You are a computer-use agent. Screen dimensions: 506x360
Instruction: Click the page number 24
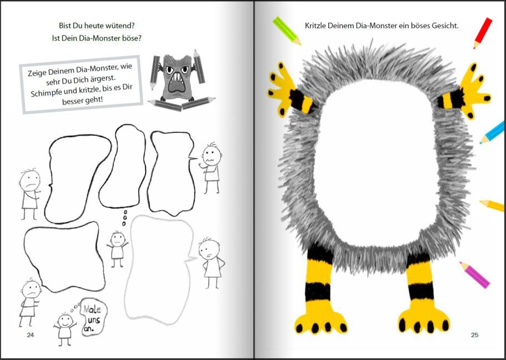point(30,335)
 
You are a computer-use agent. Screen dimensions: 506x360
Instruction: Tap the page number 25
point(474,335)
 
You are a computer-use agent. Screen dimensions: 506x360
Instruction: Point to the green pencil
point(287,31)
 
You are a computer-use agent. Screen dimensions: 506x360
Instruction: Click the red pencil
point(483,33)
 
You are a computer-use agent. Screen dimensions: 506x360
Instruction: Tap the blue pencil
point(492,133)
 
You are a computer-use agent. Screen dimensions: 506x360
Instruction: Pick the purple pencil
point(474,275)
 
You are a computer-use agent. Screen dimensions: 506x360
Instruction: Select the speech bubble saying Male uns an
point(93,317)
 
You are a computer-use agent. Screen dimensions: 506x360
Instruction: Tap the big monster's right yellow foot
point(423,319)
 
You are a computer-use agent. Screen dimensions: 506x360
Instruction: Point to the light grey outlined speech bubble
point(159,269)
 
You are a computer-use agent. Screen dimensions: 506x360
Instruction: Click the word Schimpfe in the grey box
point(44,93)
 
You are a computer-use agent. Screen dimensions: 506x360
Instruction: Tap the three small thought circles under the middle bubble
point(124,218)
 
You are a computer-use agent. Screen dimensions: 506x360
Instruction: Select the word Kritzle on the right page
point(315,26)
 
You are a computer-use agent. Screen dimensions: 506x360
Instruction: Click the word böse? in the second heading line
point(132,38)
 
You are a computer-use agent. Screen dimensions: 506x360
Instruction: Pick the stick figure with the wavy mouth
point(211,168)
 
